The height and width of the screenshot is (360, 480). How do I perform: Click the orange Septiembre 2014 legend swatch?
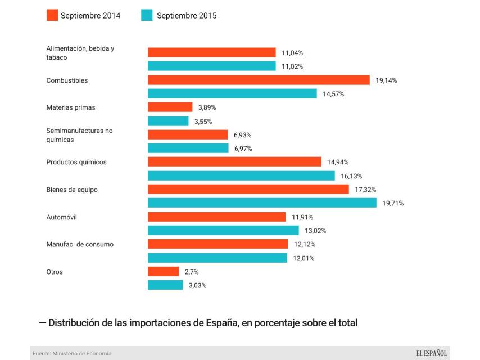52,15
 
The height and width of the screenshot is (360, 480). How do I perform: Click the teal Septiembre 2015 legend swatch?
147,15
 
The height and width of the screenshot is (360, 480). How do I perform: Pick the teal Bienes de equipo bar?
262,202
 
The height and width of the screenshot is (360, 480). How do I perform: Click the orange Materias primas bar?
170,107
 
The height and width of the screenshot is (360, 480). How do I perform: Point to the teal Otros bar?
165,285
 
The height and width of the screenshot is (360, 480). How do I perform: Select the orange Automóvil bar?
216,217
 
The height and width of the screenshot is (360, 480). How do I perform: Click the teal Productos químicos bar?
241,175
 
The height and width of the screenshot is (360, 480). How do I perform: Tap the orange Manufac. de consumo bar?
218,244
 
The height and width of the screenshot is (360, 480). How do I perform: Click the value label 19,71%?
393,203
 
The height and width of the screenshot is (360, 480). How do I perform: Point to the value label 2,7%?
192,272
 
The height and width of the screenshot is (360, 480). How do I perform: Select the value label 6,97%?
243,148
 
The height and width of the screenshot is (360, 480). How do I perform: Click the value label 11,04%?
292,52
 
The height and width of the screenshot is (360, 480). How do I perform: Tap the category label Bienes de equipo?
72,190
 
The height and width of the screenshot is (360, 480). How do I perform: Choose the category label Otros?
55,272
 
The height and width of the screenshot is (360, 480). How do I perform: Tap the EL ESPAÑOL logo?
431,353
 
